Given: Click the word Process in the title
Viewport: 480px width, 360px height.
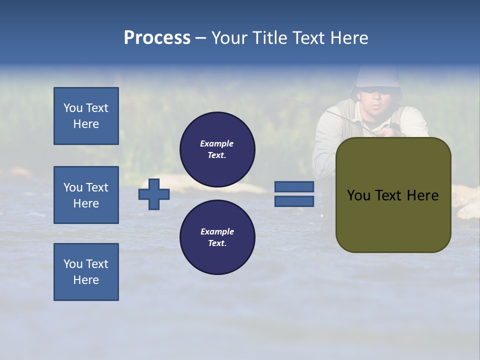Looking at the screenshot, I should click(x=157, y=38).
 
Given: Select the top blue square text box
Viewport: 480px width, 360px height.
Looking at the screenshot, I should click(x=86, y=116).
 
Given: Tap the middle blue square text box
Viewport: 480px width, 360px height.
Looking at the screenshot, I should click(x=86, y=195).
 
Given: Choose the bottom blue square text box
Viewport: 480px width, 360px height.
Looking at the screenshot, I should click(x=86, y=272).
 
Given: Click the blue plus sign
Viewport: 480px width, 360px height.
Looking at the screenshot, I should click(x=154, y=194).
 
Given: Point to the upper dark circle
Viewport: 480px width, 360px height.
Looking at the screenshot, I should click(x=217, y=149).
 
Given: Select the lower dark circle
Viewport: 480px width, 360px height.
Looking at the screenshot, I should click(x=217, y=237).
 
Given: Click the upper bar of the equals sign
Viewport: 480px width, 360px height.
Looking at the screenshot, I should click(x=294, y=187).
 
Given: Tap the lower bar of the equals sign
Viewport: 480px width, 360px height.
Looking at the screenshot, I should click(x=294, y=201).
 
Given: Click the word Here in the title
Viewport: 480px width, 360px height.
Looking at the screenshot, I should click(x=349, y=38).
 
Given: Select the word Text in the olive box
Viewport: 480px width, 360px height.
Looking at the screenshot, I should click(x=388, y=195).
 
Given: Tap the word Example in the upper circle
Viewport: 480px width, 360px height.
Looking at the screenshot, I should click(x=217, y=143).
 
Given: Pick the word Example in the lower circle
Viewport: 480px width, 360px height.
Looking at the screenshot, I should click(x=217, y=231).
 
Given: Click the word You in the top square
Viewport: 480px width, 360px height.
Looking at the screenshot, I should click(x=72, y=108).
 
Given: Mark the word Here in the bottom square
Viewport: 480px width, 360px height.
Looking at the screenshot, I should click(x=86, y=280).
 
